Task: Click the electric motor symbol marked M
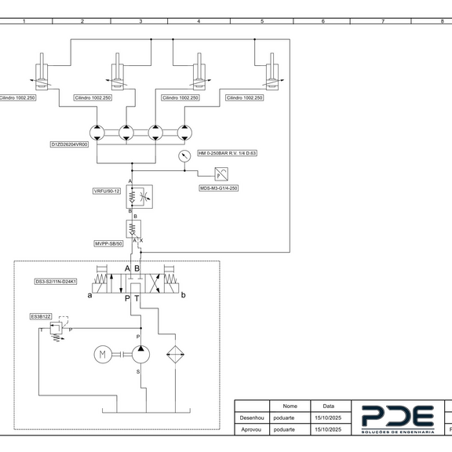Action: [103, 354]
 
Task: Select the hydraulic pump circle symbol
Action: [140, 354]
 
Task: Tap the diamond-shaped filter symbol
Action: [175, 354]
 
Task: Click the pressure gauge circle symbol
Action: [184, 156]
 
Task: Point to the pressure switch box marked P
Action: [221, 174]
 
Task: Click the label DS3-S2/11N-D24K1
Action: [56, 282]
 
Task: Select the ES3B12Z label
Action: [41, 316]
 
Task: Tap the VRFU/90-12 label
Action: [107, 191]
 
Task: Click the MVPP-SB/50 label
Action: [108, 243]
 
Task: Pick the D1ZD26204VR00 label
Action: [69, 144]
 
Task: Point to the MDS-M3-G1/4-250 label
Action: [219, 188]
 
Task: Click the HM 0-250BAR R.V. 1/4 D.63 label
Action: [227, 153]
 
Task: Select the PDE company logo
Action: [398, 419]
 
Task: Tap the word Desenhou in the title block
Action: [252, 417]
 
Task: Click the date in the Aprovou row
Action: [328, 429]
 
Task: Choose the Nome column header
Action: [290, 406]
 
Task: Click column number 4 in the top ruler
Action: [199, 21]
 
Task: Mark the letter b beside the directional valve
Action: [183, 295]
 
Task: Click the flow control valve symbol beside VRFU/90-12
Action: [140, 197]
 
